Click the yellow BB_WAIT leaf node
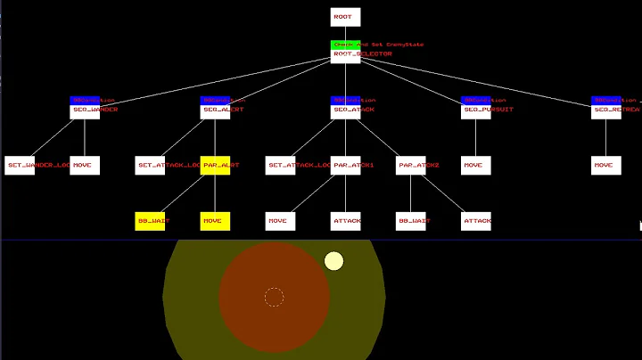click(x=150, y=220)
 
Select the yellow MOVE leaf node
click(x=215, y=220)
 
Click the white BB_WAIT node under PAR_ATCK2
click(x=411, y=220)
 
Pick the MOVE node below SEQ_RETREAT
click(x=606, y=165)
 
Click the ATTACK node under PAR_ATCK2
click(x=476, y=220)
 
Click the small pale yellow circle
click(x=333, y=261)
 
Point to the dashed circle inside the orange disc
click(x=274, y=297)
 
